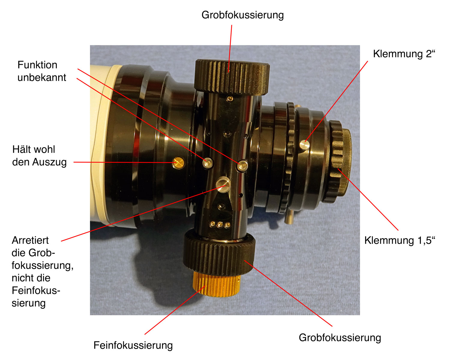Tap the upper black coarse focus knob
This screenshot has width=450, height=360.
click(232, 77)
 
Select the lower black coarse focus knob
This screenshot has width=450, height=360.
click(219, 253)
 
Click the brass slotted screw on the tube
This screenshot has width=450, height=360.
click(178, 163)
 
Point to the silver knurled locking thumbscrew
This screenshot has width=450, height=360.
click(223, 184)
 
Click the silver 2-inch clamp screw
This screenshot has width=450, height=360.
click(305, 145)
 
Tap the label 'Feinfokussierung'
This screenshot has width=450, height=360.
click(133, 345)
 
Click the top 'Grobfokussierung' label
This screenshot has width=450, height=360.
click(243, 15)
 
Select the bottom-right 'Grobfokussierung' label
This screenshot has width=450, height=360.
click(340, 337)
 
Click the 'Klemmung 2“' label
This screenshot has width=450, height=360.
click(404, 54)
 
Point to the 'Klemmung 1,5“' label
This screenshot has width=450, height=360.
click(399, 240)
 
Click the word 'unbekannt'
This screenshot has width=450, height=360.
click(42, 77)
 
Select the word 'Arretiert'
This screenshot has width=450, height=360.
click(30, 240)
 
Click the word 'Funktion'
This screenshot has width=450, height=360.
click(37, 65)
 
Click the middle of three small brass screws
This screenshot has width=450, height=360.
click(220, 225)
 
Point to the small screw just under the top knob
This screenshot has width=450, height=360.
click(230, 98)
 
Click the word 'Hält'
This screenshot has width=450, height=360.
click(21, 150)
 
